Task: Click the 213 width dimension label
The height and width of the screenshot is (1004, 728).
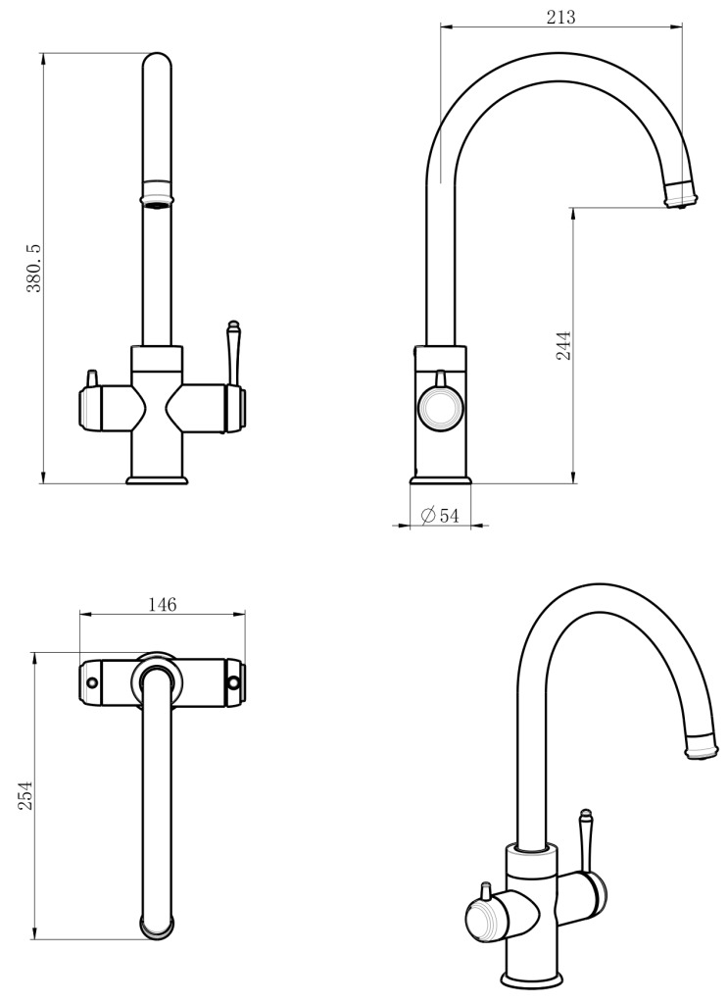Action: point(560,16)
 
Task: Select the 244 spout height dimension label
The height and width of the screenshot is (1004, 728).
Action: point(563,345)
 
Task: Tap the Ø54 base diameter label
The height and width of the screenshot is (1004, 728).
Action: point(440,516)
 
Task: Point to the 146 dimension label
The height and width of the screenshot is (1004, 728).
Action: point(162,604)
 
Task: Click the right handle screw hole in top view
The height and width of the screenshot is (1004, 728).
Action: point(234,682)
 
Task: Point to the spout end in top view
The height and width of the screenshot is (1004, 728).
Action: point(159,927)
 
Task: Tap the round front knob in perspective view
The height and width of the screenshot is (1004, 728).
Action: point(484,922)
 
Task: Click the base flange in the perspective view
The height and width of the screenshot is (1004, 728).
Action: point(532,979)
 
